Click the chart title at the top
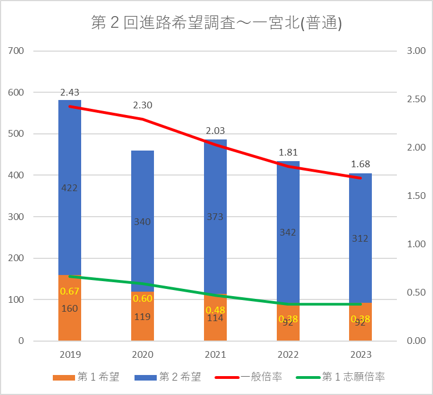tap(216, 23)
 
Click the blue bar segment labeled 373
tap(215, 217)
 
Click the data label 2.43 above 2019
tap(69, 92)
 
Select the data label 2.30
tap(142, 104)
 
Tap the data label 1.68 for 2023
tap(360, 164)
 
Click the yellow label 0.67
tap(69, 292)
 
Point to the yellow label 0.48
tap(215, 309)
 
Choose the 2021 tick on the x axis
tap(215, 354)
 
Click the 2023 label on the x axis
tap(360, 354)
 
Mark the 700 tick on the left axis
tap(17, 51)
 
